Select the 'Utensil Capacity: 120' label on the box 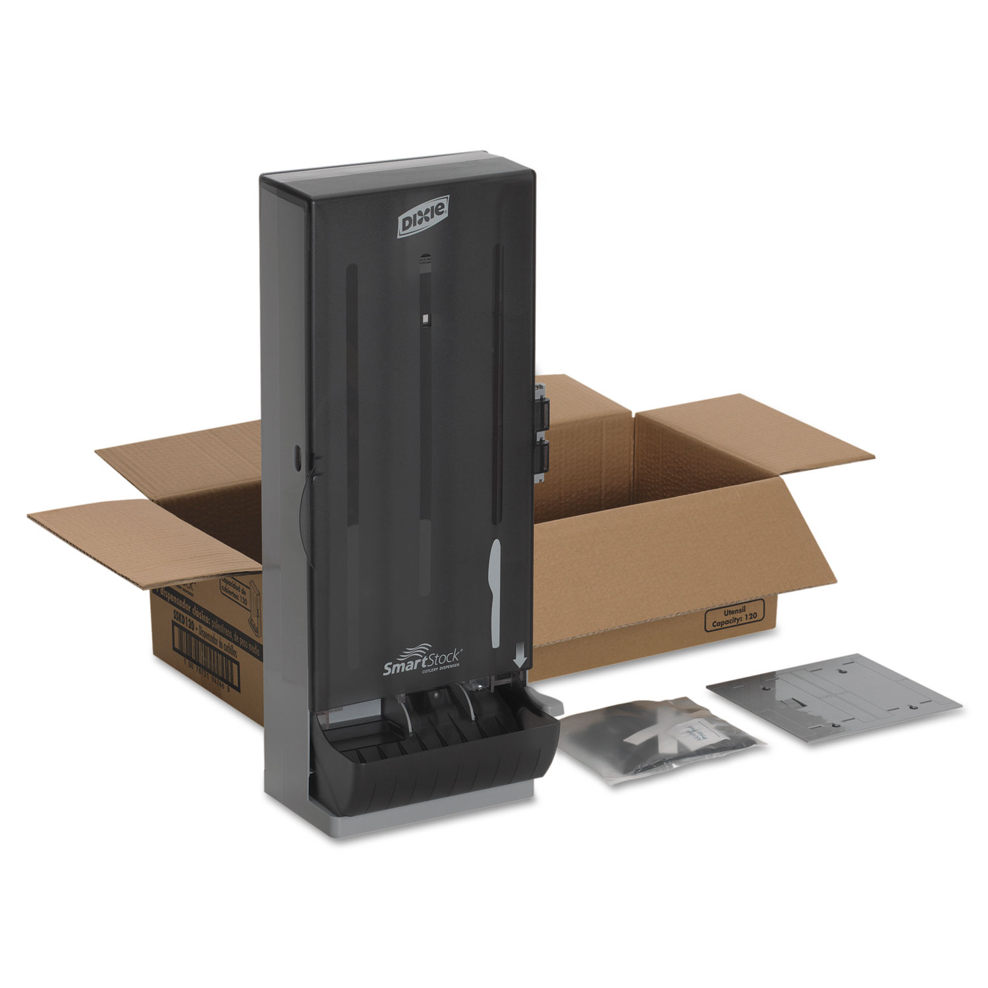click(734, 617)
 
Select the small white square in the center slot click(425, 320)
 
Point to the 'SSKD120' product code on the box click(168, 615)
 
